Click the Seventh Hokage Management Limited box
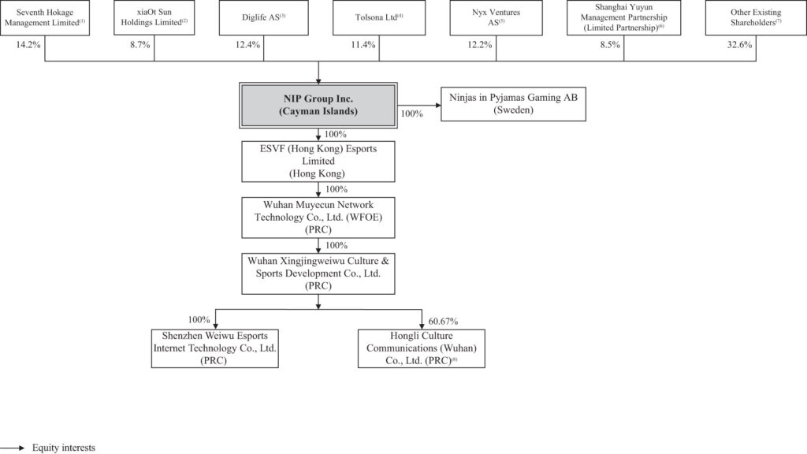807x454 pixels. point(46,19)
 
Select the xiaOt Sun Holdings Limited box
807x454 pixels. point(155,19)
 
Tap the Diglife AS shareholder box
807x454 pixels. point(264,19)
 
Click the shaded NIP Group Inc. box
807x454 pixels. point(318,105)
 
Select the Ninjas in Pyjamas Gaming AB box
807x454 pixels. point(513,104)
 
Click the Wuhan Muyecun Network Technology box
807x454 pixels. point(318,218)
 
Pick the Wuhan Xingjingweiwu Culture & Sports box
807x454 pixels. point(318,273)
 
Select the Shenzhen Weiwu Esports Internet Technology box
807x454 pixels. point(215,348)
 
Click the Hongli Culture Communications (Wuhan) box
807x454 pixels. point(421,348)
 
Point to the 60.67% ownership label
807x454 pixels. point(444,320)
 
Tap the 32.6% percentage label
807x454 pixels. point(739,45)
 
